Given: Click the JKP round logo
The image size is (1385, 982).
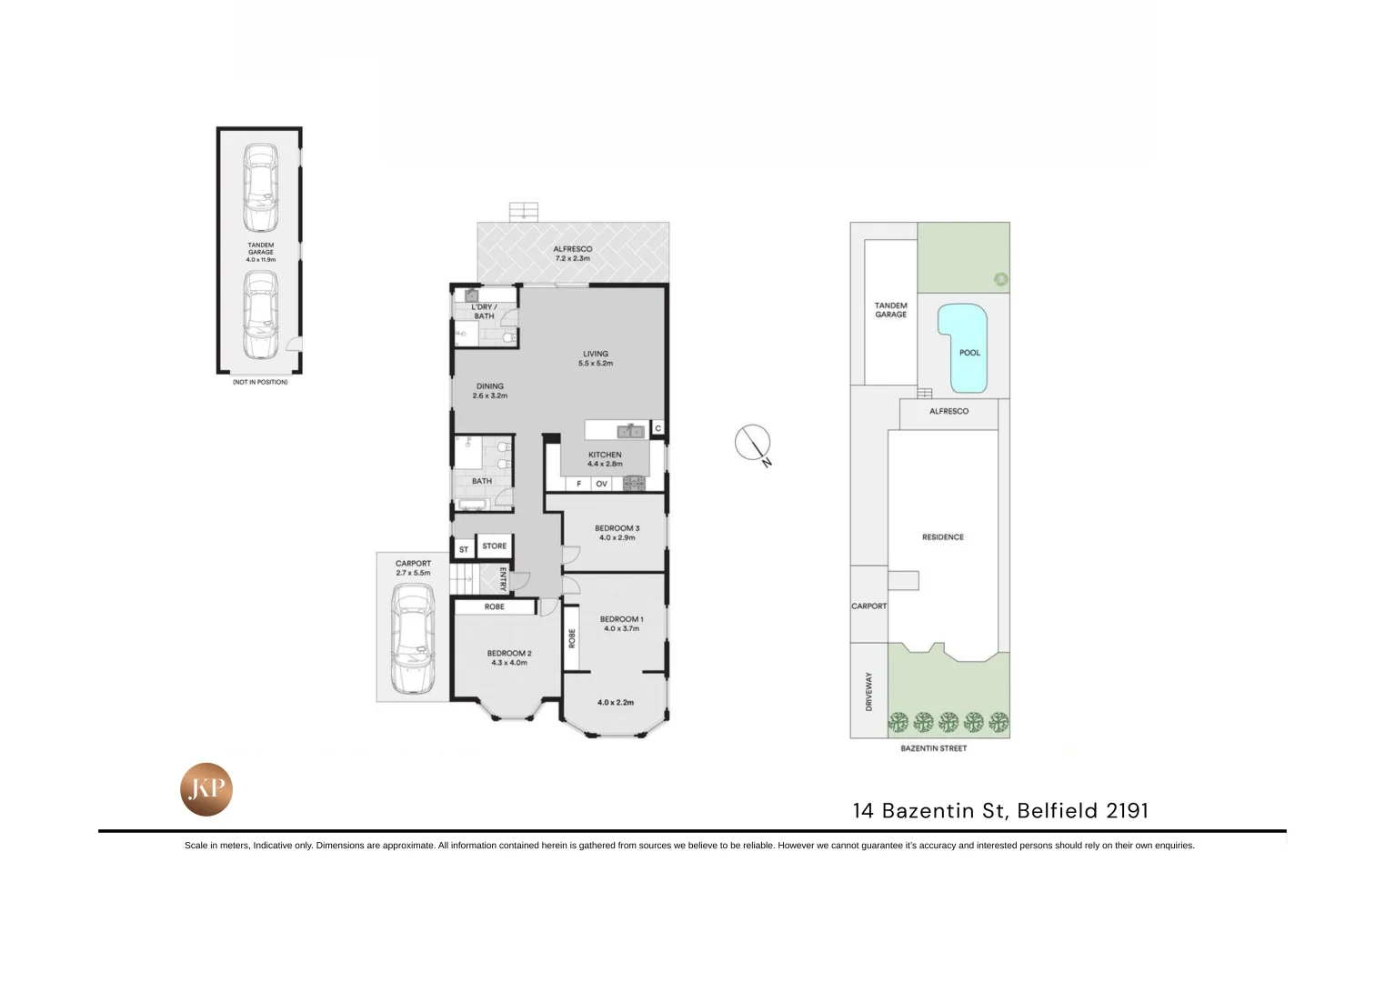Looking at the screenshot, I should (206, 789).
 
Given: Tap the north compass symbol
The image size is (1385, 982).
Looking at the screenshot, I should (753, 443).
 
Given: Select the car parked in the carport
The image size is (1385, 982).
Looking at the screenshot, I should (412, 639).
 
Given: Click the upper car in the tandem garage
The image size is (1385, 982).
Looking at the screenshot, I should (260, 188).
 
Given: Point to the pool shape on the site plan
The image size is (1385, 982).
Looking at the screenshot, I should (963, 346).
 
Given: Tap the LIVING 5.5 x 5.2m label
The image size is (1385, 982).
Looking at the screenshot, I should (596, 358).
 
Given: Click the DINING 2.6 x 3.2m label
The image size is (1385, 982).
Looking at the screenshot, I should (489, 391).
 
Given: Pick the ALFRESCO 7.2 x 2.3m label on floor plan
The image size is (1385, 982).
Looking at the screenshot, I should (573, 254).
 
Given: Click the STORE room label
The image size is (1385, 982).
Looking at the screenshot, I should (495, 546).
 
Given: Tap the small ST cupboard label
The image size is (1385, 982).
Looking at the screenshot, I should (464, 549).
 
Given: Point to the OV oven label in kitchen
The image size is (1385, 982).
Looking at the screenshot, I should (601, 484).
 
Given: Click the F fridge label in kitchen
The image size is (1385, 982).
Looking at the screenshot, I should (578, 484).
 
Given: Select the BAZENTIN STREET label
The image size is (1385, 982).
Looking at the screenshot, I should (933, 748).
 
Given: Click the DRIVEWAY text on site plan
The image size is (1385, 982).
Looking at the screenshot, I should (868, 691).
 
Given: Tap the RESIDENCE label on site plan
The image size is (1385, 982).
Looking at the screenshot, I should (943, 537).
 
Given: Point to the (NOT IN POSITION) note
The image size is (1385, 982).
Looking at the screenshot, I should (260, 382).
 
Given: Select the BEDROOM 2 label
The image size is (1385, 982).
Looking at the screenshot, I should (509, 657).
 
